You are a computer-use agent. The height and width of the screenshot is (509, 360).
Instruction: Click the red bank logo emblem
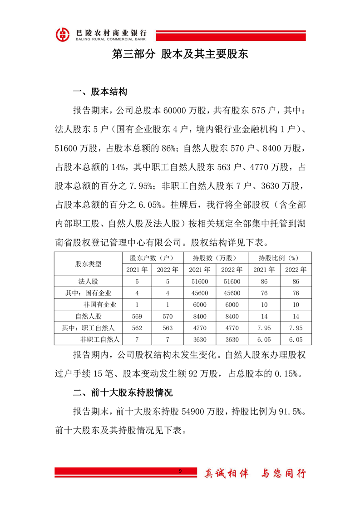click(63, 34)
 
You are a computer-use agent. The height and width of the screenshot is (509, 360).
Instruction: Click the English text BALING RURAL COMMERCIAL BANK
click(108, 39)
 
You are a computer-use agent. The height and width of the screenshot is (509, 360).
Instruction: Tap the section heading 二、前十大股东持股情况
click(123, 392)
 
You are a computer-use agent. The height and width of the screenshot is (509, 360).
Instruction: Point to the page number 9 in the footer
click(180, 472)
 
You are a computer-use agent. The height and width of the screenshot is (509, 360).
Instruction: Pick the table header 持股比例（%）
click(277, 258)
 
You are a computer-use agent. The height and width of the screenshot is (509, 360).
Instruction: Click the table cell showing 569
click(137, 316)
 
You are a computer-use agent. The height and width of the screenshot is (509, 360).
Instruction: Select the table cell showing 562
click(137, 328)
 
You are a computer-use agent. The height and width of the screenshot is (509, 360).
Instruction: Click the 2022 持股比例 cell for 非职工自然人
click(295, 339)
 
